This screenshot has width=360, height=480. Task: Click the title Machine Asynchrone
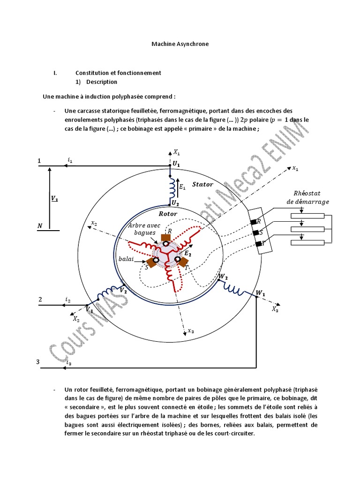pyautogui.click(x=180, y=44)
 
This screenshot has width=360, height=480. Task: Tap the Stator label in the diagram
pyautogui.click(x=202, y=184)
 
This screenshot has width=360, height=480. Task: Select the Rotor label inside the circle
pyautogui.click(x=168, y=214)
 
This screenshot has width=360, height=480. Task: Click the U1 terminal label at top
pyautogui.click(x=176, y=164)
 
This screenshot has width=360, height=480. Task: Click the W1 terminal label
pyautogui.click(x=260, y=293)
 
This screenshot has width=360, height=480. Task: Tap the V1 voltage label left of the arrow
pyautogui.click(x=54, y=199)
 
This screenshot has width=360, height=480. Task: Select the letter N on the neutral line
pyautogui.click(x=40, y=225)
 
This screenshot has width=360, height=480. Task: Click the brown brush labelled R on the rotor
pyautogui.click(x=165, y=238)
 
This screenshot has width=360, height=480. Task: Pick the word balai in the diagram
pyautogui.click(x=126, y=259)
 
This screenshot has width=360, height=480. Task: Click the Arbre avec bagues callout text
pyautogui.click(x=144, y=229)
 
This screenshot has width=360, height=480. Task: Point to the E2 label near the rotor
pyautogui.click(x=187, y=254)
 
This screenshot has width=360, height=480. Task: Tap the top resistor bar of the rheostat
pyautogui.click(x=307, y=216)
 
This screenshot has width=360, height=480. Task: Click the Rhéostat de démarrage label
pyautogui.click(x=307, y=197)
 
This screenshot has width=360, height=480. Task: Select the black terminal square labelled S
pyautogui.click(x=255, y=233)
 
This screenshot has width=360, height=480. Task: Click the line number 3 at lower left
pyautogui.click(x=38, y=362)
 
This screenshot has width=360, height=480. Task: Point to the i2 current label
pyautogui.click(x=68, y=300)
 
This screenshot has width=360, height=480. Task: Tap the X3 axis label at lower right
pyautogui.click(x=275, y=309)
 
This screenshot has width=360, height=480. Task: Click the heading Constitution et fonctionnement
pyautogui.click(x=118, y=73)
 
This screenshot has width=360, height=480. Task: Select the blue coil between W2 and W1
pyautogui.click(x=234, y=288)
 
